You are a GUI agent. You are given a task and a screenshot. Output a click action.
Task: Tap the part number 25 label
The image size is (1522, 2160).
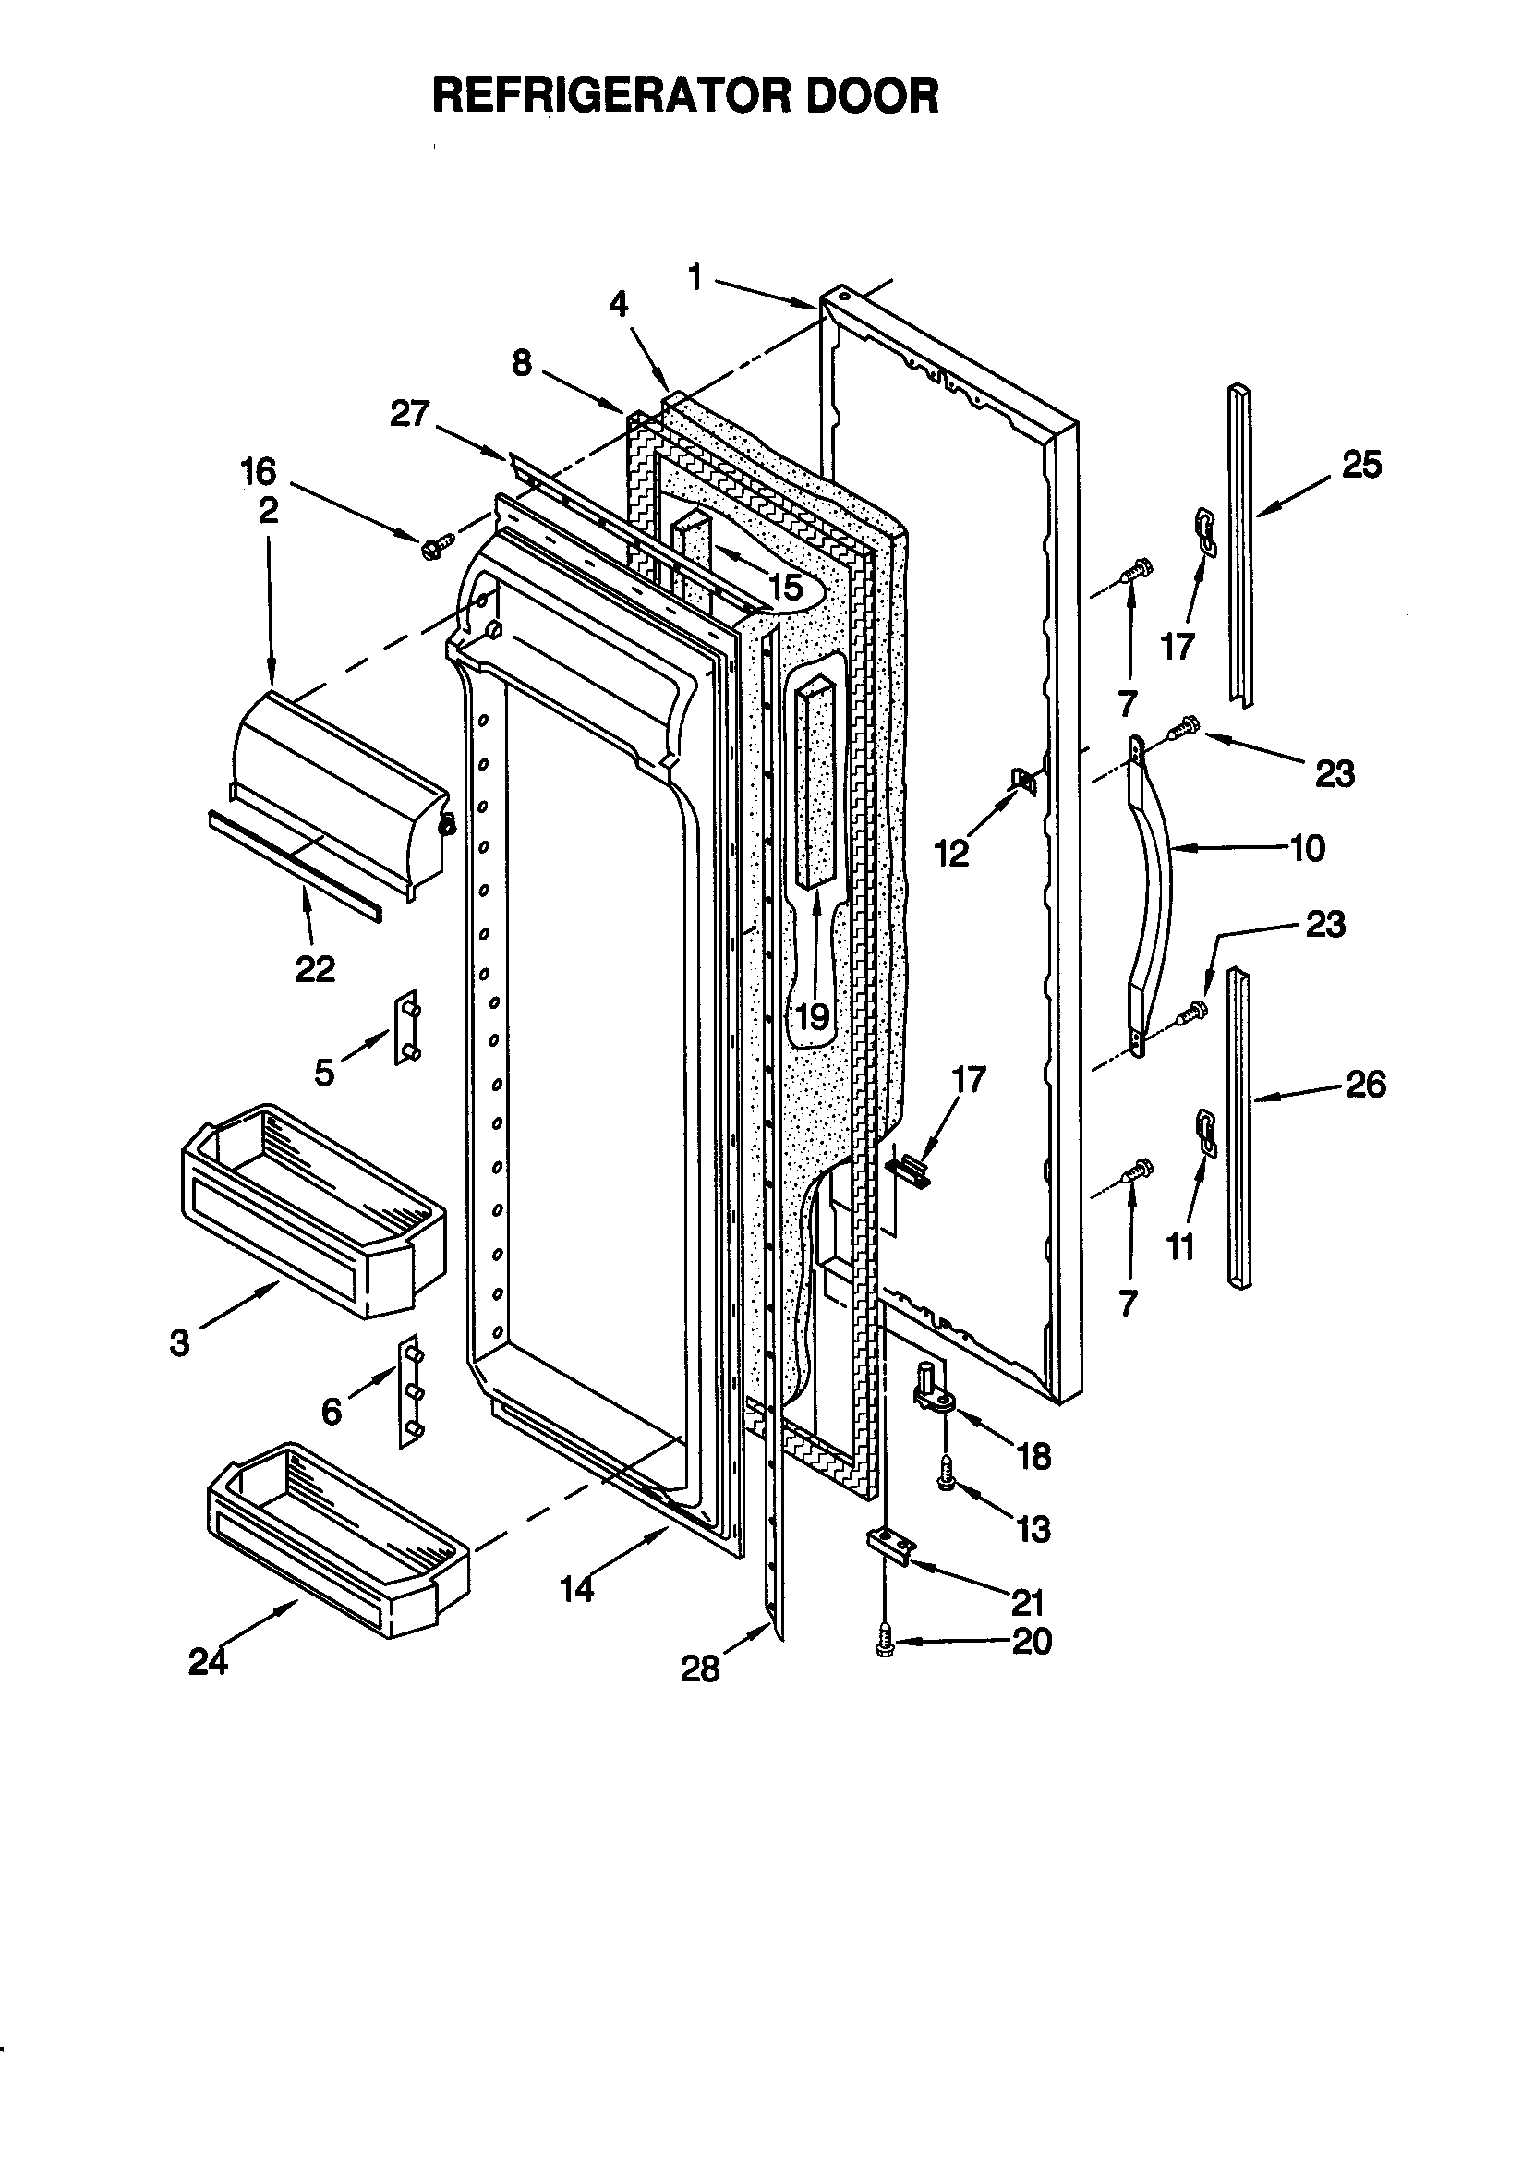[1361, 465]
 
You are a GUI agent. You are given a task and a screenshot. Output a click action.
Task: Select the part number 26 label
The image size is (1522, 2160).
[1365, 1085]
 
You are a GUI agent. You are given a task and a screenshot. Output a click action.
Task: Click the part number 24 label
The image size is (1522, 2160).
[207, 1662]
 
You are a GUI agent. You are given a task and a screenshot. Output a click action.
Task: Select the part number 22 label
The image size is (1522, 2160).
[314, 968]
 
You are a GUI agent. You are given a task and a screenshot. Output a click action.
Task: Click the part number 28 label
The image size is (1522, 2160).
[700, 1669]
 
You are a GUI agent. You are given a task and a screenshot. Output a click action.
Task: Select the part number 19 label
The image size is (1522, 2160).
[812, 1017]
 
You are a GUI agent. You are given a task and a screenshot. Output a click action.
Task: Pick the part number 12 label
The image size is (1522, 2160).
[951, 854]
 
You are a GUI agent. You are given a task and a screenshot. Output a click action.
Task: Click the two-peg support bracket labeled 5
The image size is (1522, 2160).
[407, 1027]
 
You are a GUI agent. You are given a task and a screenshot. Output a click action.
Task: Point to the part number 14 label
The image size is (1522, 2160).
[576, 1589]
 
